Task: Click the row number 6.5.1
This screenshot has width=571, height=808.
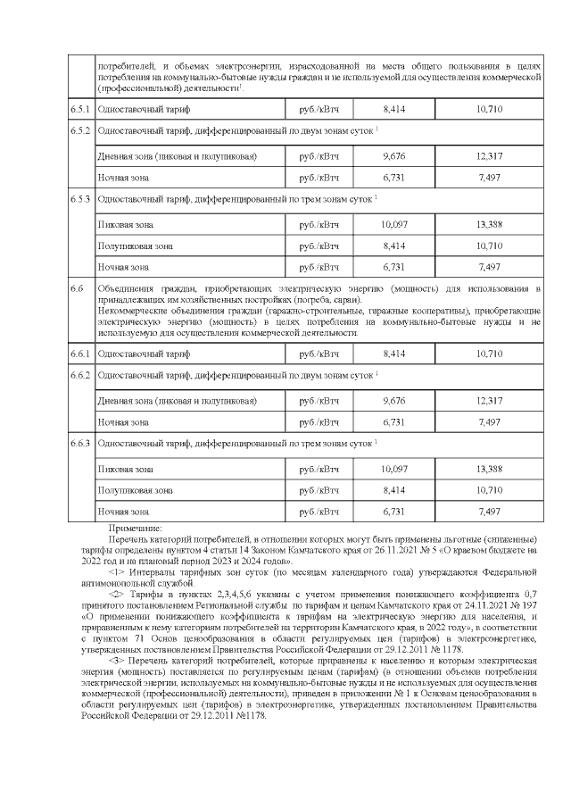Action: pos(81,108)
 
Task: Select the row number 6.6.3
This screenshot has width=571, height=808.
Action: pos(81,442)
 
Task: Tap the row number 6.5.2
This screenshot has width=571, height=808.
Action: pos(81,131)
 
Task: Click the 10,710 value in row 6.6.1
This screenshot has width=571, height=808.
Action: pos(491,354)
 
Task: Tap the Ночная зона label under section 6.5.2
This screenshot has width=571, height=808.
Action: pos(123,178)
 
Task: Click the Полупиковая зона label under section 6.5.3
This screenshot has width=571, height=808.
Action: pos(135,246)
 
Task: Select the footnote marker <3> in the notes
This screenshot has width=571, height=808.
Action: pos(117,659)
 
